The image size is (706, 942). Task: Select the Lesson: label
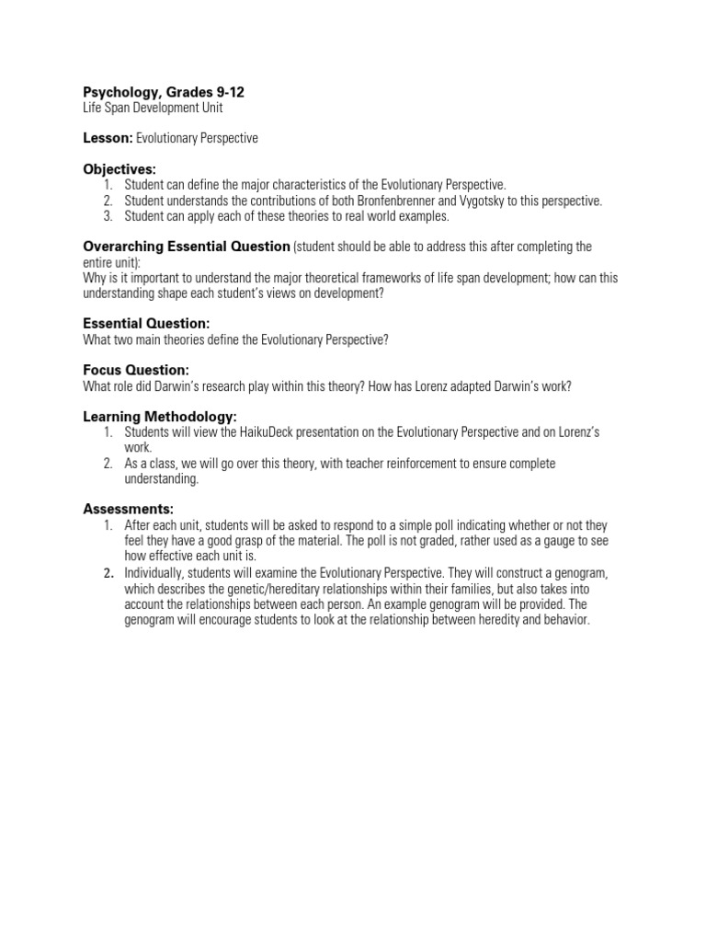point(108,138)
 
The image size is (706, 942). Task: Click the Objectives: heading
point(120,169)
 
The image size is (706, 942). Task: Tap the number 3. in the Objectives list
point(107,216)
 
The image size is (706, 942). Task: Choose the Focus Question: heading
point(136,370)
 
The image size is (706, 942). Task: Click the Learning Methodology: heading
point(160,417)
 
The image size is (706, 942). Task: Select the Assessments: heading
point(129,509)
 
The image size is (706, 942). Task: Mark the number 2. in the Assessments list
point(108,572)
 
